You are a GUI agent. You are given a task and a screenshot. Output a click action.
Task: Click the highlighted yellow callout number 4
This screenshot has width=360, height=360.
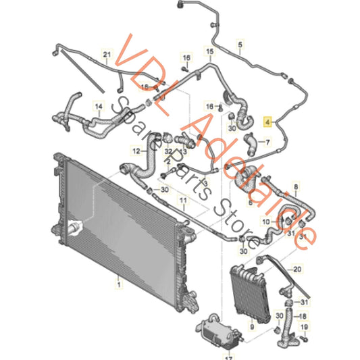[x=267, y=122]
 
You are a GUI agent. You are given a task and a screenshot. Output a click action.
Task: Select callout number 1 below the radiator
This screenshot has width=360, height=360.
[x=119, y=285]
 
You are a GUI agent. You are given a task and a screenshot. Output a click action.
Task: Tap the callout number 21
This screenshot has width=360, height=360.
[x=107, y=55]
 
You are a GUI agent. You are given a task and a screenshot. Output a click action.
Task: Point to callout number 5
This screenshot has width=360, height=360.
[x=240, y=45]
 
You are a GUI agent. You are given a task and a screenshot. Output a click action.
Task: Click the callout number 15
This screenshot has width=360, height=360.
[x=210, y=51]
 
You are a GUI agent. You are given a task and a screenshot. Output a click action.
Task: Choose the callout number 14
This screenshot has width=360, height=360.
[x=99, y=107]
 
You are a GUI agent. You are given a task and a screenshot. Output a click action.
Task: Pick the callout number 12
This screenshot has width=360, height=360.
[x=136, y=151]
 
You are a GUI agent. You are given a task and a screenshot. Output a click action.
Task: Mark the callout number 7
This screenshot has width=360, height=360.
[x=267, y=143]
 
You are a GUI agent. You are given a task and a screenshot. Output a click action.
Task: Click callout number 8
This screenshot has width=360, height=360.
[x=296, y=187]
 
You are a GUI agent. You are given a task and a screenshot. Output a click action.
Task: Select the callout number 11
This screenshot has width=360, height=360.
[x=183, y=201]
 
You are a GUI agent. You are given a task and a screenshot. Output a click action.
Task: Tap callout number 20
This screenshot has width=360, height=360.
[x=297, y=269]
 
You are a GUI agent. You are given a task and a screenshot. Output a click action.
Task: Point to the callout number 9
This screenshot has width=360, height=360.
[x=252, y=326]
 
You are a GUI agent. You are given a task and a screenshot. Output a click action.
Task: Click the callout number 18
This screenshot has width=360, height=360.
[x=303, y=316]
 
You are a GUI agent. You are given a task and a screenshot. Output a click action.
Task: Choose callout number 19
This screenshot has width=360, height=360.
[x=304, y=327]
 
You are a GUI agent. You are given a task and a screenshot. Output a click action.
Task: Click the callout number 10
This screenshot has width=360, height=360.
[x=266, y=222]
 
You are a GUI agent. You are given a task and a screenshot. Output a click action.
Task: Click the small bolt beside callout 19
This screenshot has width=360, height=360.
[x=304, y=338]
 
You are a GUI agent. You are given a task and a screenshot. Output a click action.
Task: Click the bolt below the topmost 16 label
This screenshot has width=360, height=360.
[x=185, y=69]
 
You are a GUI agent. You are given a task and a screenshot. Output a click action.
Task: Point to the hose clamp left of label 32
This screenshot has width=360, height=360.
[x=167, y=138]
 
